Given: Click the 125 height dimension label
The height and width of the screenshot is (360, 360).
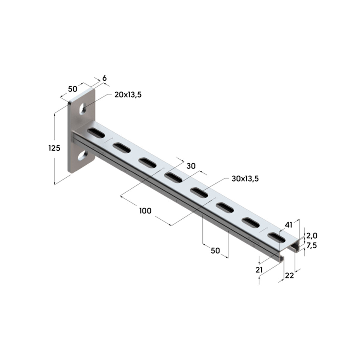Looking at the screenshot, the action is click(x=54, y=148).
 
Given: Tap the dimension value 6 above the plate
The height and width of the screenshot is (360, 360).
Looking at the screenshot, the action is click(x=104, y=78).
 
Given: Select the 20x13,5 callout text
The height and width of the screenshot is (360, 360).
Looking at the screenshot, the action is click(x=128, y=95).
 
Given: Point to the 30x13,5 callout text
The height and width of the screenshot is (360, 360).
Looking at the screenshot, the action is click(x=245, y=179).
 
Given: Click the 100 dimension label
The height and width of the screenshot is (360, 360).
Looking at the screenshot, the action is click(x=145, y=211).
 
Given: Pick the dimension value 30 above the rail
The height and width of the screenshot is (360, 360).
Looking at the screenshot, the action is click(x=191, y=166).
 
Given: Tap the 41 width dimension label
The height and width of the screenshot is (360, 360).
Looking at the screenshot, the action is click(x=288, y=225).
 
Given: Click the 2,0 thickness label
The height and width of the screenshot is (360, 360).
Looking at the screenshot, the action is click(x=312, y=236).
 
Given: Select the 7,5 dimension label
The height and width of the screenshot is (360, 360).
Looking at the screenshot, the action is click(x=312, y=245).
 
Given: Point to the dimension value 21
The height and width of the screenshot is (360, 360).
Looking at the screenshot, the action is click(x=259, y=270).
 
